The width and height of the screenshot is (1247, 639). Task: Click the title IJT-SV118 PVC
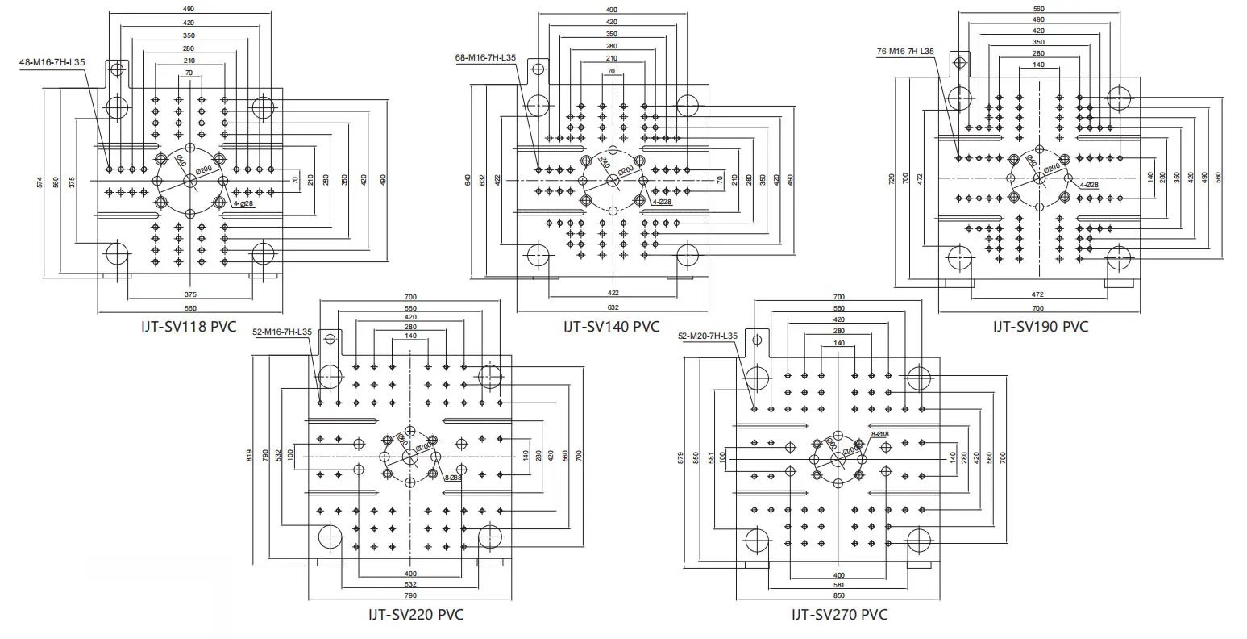pyautogui.click(x=187, y=328)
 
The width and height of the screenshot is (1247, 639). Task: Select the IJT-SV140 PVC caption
pyautogui.click(x=611, y=327)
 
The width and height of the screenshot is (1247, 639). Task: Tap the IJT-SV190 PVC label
pyautogui.click(x=1040, y=327)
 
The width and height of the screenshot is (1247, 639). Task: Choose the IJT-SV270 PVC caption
pyautogui.click(x=839, y=615)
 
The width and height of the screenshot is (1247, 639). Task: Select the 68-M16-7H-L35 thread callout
pyautogui.click(x=485, y=58)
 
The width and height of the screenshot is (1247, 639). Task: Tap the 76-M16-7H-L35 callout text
pyautogui.click(x=905, y=52)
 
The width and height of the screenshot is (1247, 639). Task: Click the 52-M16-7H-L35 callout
pyautogui.click(x=282, y=332)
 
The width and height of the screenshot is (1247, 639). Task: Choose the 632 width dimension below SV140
pyautogui.click(x=613, y=307)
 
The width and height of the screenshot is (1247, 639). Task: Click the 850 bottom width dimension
pyautogui.click(x=839, y=595)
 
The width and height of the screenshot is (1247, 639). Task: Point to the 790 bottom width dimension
pyautogui.click(x=410, y=595)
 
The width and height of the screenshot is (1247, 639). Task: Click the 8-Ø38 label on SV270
pyautogui.click(x=879, y=434)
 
